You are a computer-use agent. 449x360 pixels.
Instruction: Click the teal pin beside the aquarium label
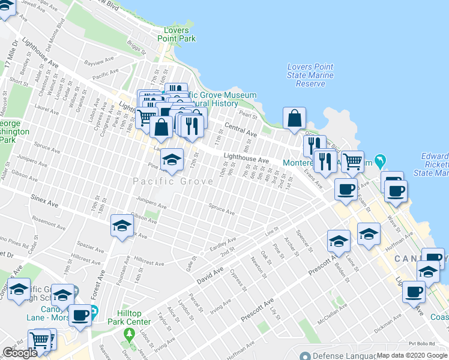379,160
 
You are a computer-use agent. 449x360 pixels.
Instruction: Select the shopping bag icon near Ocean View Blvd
295,119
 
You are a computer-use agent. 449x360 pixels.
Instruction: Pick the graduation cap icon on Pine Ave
172,160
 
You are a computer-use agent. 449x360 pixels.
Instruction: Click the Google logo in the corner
20,353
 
